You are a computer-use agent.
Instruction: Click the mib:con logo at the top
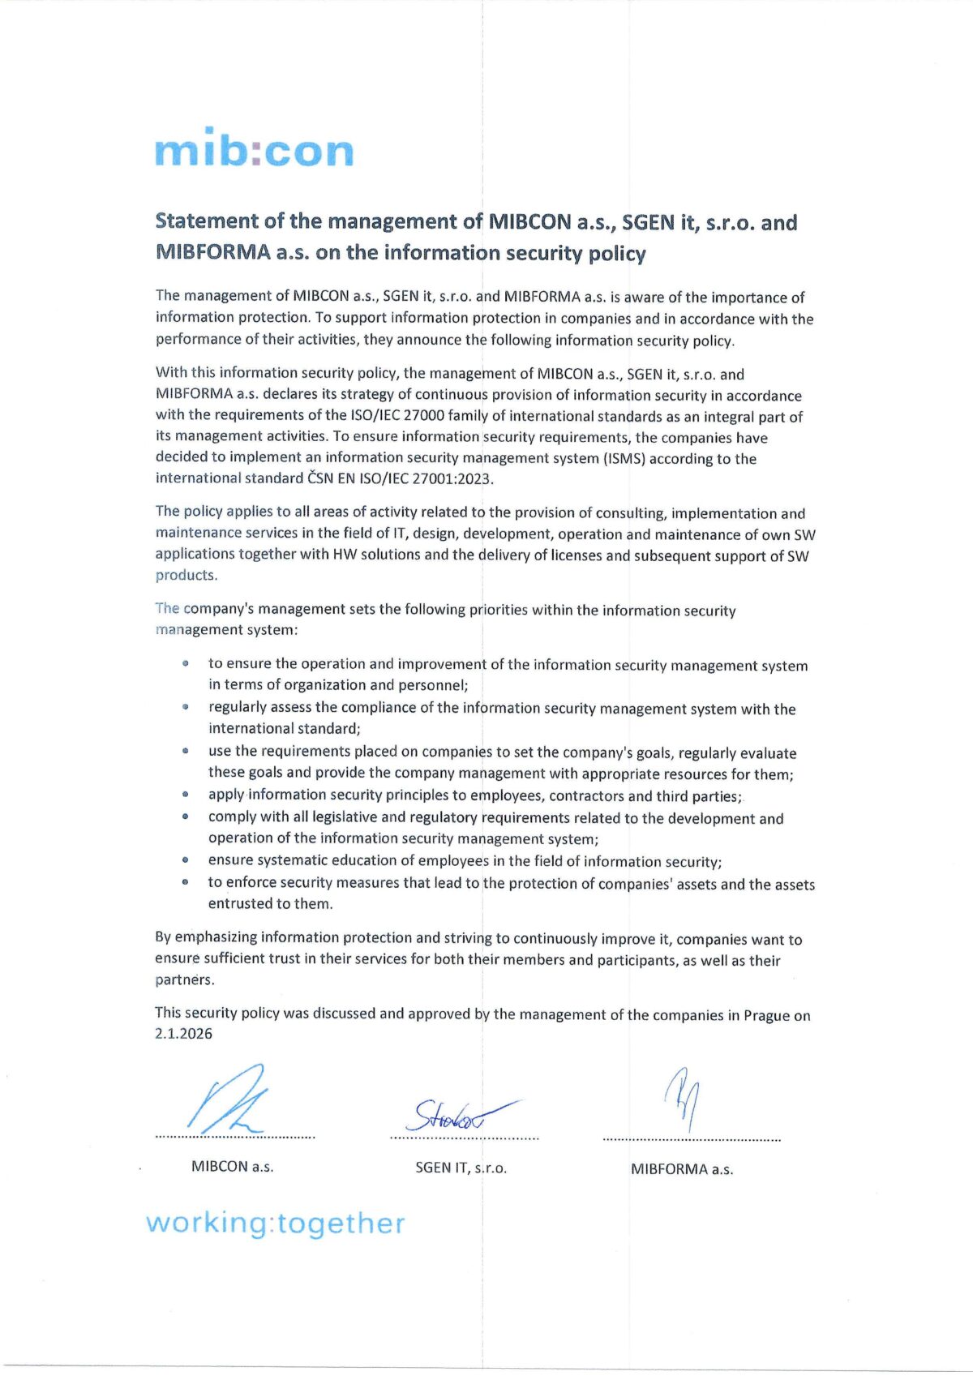coord(254,148)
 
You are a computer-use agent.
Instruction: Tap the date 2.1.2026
coord(184,1034)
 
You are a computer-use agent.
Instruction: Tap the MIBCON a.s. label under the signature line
coord(232,1167)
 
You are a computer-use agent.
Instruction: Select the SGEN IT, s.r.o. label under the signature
coord(461,1168)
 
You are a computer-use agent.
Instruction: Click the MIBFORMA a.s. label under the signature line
coord(682,1169)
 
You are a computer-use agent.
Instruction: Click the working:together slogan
coord(275,1223)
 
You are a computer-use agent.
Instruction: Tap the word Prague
coord(765,1015)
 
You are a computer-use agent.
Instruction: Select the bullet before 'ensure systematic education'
coord(186,860)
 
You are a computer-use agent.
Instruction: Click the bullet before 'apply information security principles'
coord(186,795)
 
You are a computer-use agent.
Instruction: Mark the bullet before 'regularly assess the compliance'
coord(186,707)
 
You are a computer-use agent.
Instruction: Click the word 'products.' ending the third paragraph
coord(186,576)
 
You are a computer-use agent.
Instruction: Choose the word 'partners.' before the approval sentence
coord(185,979)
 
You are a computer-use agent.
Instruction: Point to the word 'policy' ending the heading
coord(617,254)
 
